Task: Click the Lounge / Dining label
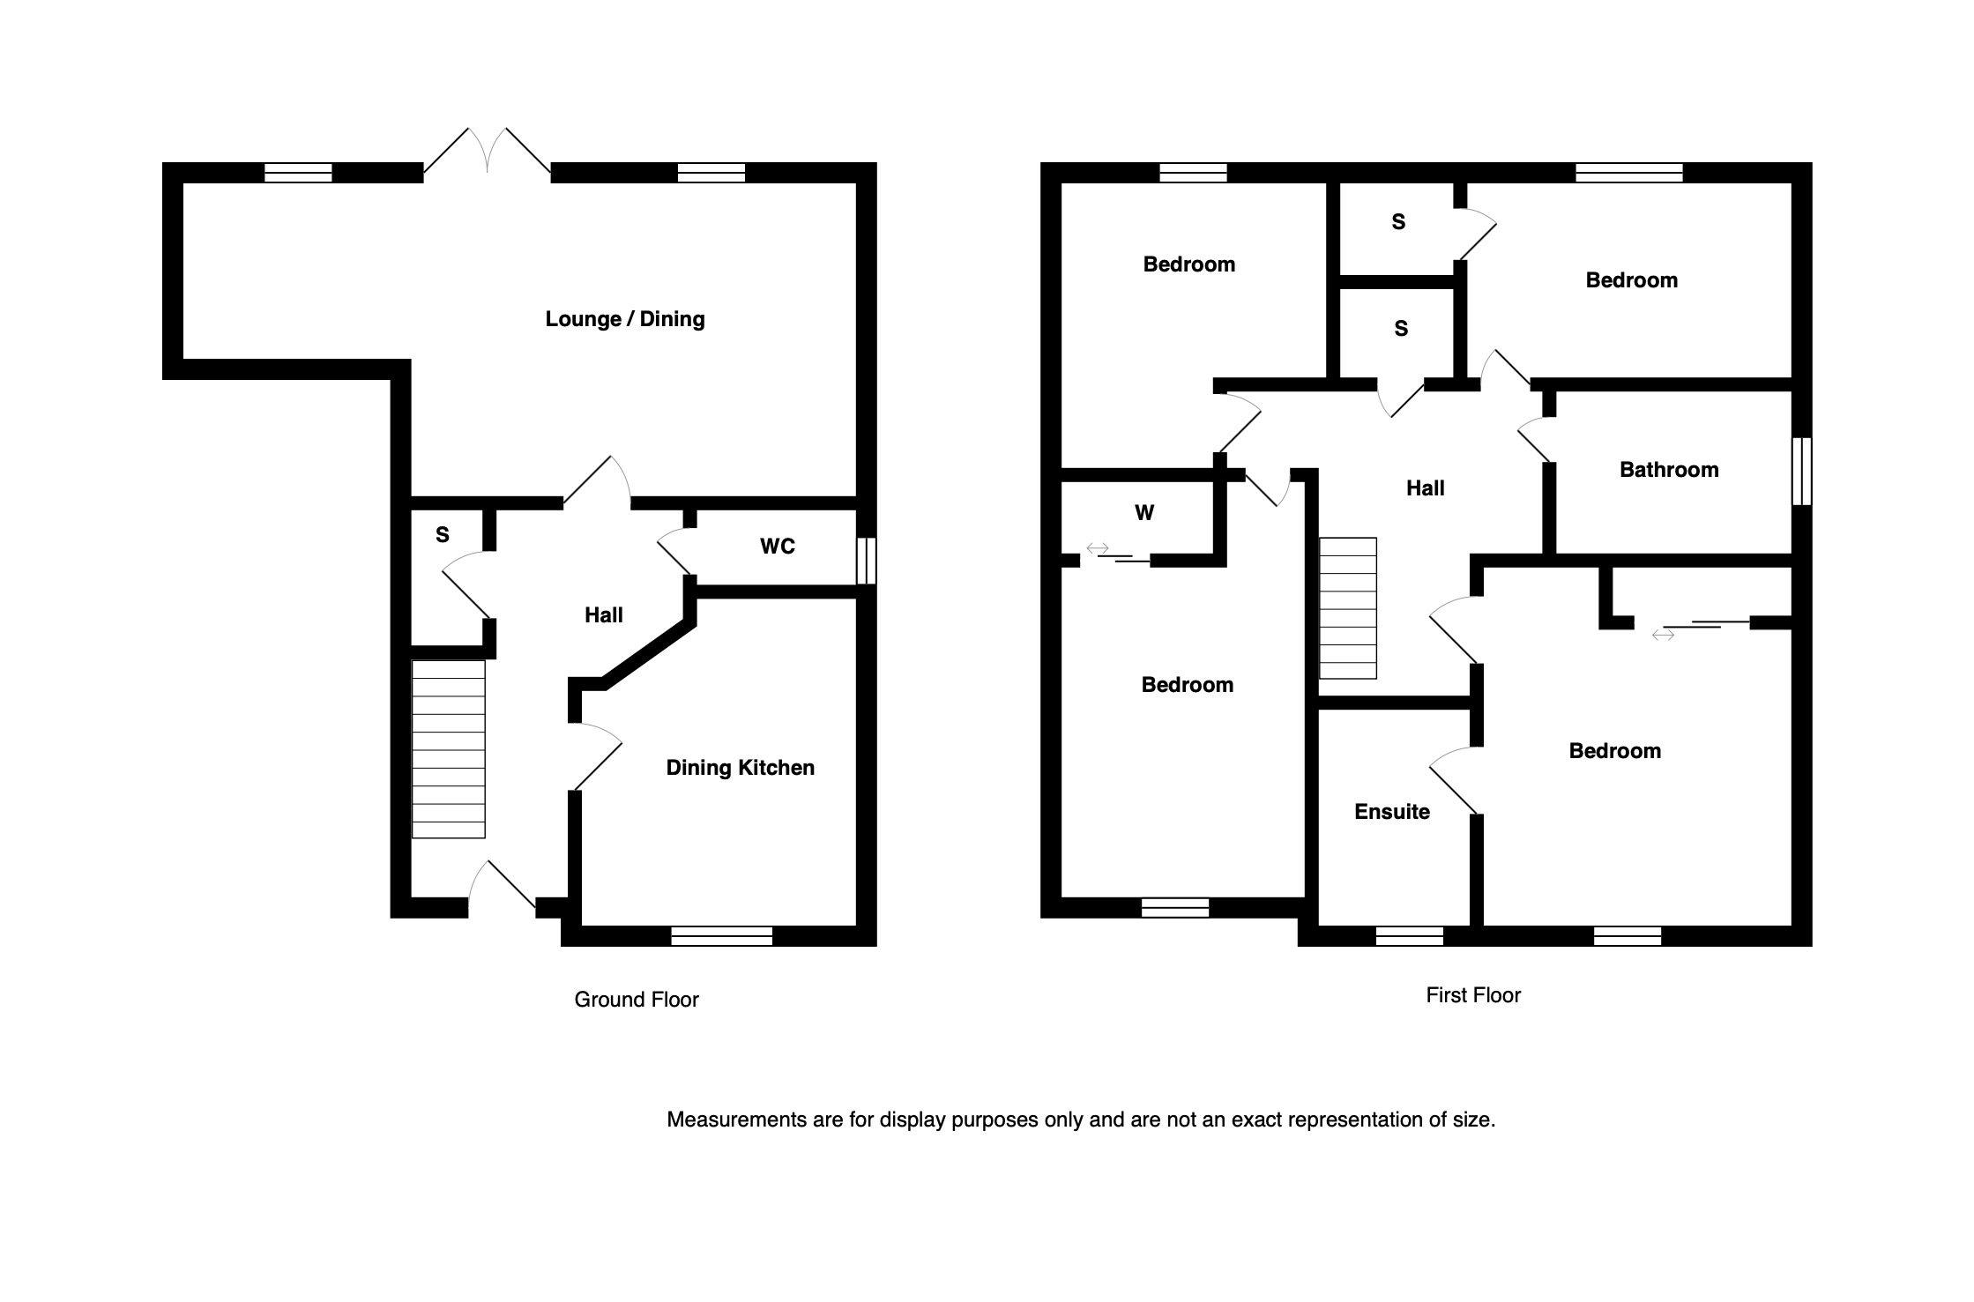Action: [x=625, y=319]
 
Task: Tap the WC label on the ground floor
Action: [x=778, y=547]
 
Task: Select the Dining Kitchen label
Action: [x=740, y=768]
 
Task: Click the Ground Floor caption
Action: [x=637, y=1000]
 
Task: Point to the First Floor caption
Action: [x=1473, y=995]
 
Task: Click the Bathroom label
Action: [x=1669, y=470]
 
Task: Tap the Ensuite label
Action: [x=1392, y=812]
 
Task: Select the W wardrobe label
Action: [x=1144, y=513]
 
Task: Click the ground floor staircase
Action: [x=448, y=749]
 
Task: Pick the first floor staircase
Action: [x=1347, y=608]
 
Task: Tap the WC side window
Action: [x=867, y=561]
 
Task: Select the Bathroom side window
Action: [x=1802, y=472]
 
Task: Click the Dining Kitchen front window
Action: [x=721, y=935]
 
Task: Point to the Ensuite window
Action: [x=1409, y=935]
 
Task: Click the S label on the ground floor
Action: [x=443, y=535]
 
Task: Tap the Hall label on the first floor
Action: [x=1425, y=488]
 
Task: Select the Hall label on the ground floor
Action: [x=604, y=615]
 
